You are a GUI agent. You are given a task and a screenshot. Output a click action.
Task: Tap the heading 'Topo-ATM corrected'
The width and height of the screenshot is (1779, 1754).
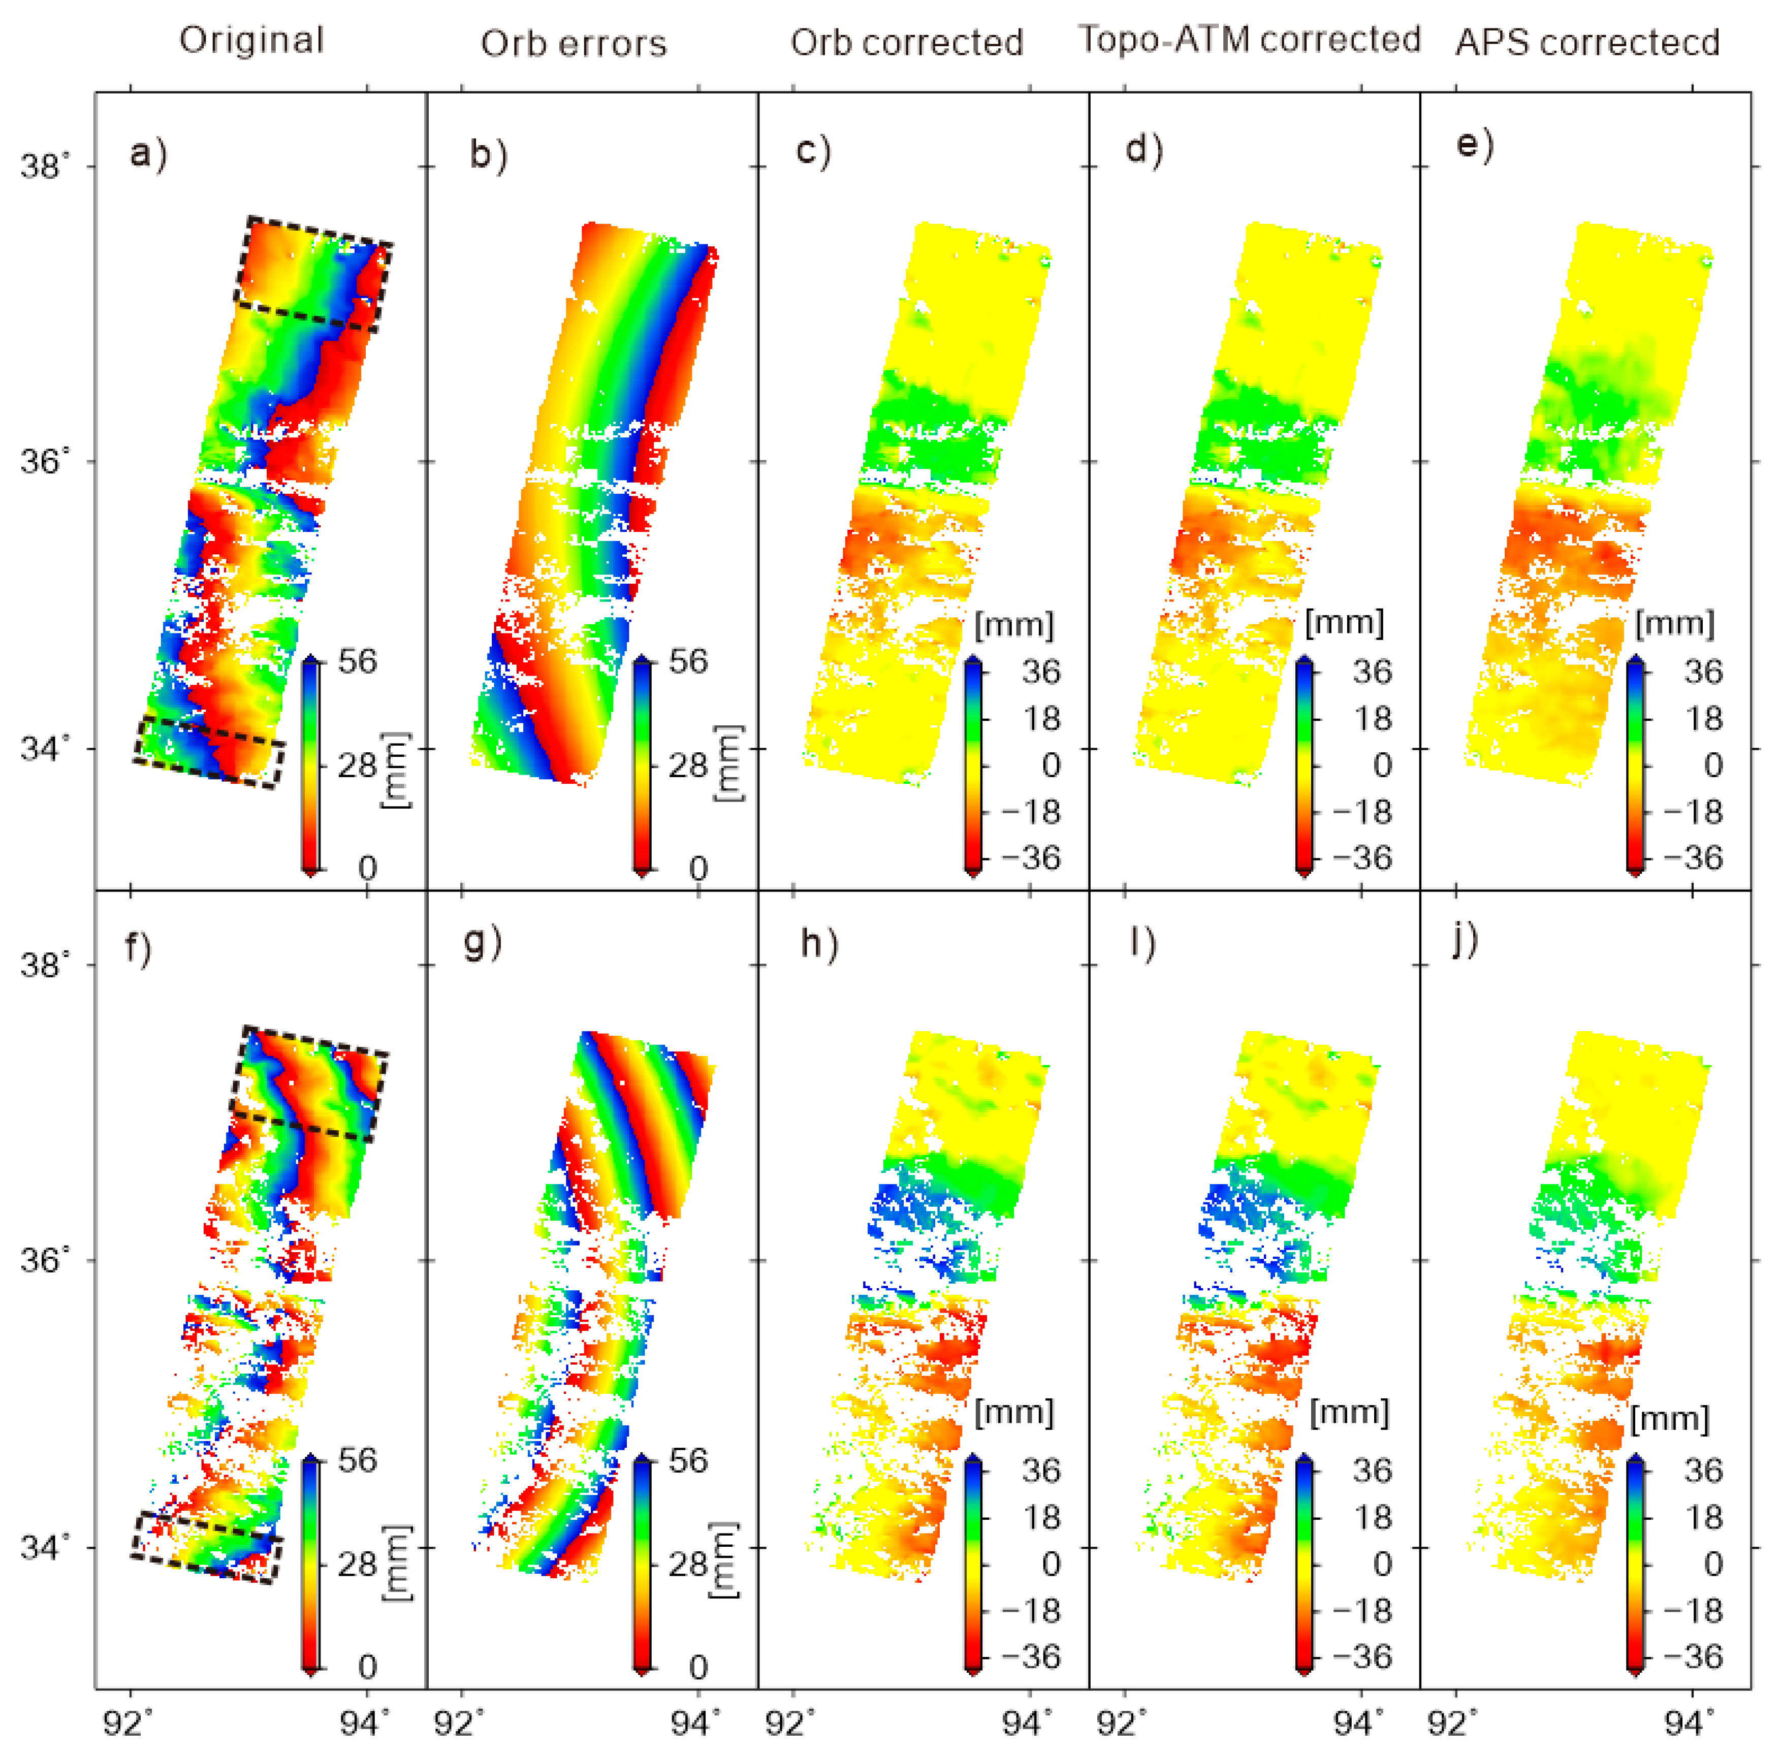[x=1250, y=40]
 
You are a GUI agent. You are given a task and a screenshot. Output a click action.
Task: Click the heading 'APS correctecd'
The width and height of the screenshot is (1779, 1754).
[x=1587, y=42]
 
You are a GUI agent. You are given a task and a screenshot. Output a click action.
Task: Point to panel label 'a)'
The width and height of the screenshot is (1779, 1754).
[x=147, y=153]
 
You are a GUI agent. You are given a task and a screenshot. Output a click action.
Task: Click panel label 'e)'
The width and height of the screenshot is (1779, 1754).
[x=1475, y=145]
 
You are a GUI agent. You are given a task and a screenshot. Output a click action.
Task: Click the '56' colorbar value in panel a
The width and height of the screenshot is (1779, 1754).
[x=357, y=661]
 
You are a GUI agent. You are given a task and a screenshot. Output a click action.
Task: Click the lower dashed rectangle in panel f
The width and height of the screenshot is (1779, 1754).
[x=206, y=1547]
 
